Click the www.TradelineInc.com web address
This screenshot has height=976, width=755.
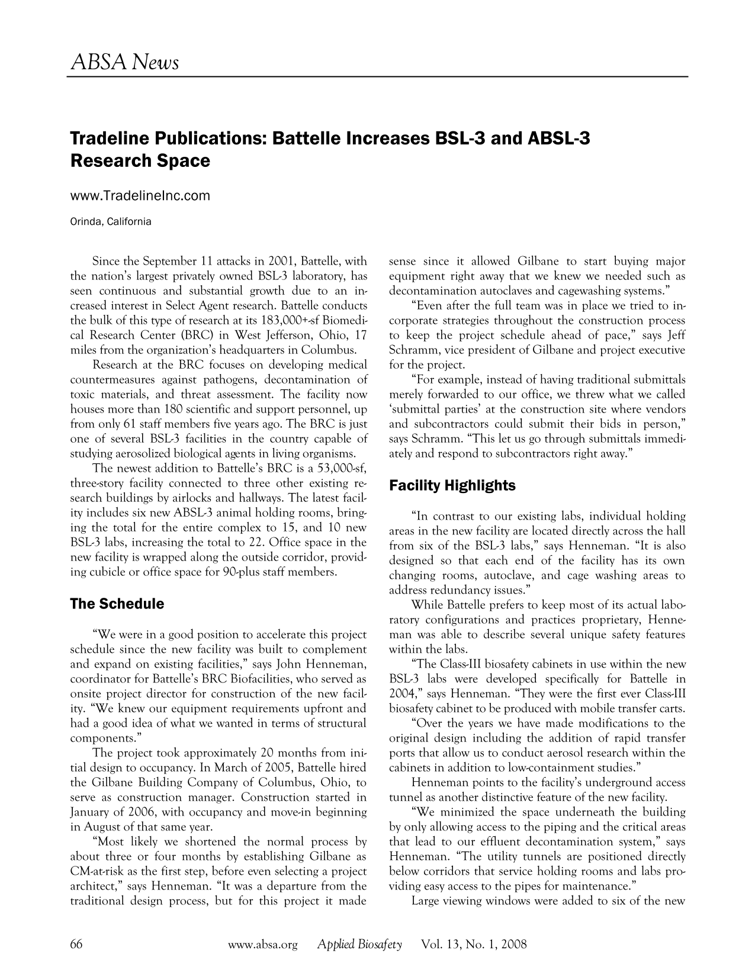[140, 195]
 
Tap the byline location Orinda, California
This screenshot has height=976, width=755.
[111, 222]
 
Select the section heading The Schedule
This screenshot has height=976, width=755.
[117, 604]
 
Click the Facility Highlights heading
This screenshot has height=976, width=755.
[452, 486]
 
